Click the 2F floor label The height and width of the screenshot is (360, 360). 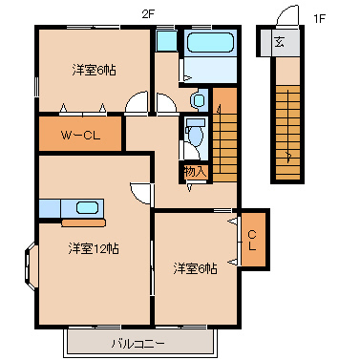[x=148, y=13]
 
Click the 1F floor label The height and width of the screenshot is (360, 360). [x=319, y=15]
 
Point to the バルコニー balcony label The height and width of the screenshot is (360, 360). [x=137, y=341]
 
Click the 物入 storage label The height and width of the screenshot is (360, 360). [x=195, y=172]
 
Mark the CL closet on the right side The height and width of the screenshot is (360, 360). [x=252, y=240]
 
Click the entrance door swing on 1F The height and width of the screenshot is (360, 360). [x=279, y=19]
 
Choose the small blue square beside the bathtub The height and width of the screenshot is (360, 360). [x=166, y=41]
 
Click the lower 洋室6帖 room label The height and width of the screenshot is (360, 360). [x=195, y=268]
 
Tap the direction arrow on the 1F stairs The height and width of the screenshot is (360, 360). [x=287, y=153]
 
